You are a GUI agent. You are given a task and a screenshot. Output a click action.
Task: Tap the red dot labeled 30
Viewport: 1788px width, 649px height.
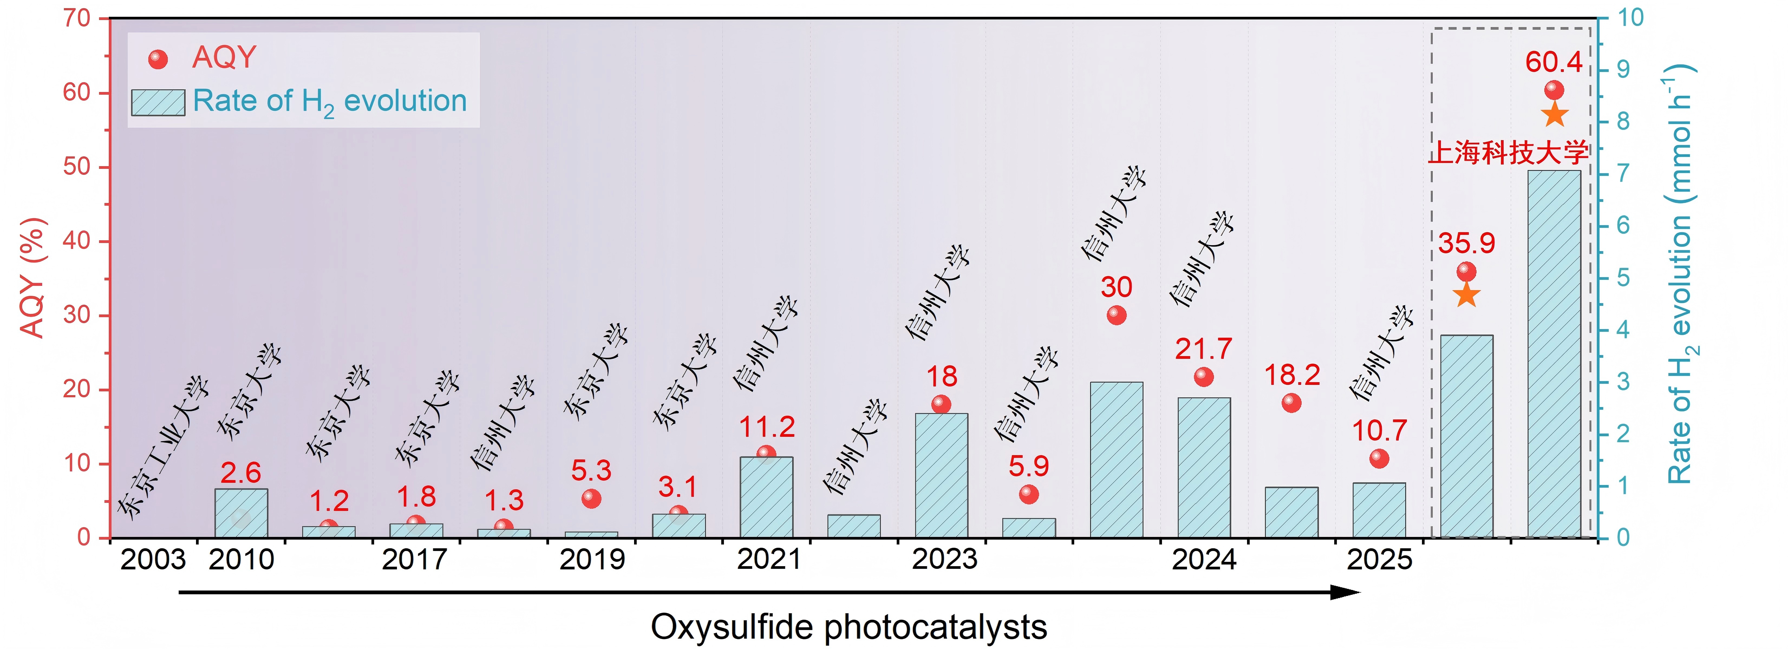click(1116, 315)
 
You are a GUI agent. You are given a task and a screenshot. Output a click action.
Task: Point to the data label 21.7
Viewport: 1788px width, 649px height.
click(1203, 348)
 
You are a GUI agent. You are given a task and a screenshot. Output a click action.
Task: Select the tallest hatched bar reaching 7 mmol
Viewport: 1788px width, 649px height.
click(1554, 354)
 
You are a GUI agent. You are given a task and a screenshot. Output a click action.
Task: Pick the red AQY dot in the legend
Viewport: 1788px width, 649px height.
click(158, 60)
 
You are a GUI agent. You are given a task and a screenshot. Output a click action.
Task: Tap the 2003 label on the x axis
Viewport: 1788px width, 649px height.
click(153, 559)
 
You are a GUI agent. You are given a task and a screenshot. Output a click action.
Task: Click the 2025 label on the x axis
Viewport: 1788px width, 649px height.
click(1379, 559)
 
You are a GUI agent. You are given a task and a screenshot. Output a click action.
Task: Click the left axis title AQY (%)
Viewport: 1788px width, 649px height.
click(32, 278)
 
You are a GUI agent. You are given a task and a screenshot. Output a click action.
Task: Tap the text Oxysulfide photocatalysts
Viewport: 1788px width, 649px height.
click(848, 627)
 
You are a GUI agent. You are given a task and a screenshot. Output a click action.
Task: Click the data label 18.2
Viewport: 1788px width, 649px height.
click(1292, 375)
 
